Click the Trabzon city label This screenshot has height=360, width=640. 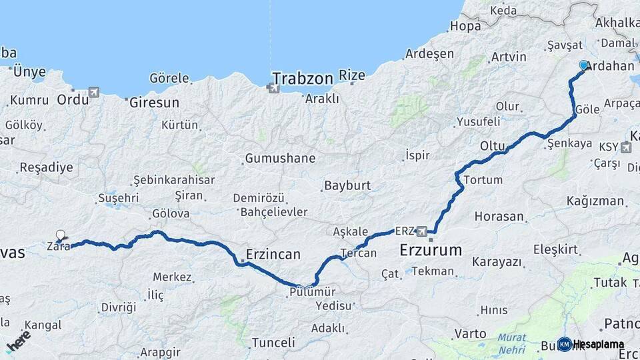click(302, 78)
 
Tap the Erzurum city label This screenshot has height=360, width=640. click(431, 251)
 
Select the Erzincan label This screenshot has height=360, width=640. click(273, 254)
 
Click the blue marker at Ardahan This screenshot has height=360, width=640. click(584, 65)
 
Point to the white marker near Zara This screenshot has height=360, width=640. click(61, 235)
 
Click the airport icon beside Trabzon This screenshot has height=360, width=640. click(272, 87)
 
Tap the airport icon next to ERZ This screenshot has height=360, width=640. click(422, 231)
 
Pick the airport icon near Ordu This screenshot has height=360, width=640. click(93, 91)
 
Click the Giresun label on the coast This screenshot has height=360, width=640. click(155, 103)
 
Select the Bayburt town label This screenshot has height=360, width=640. click(347, 185)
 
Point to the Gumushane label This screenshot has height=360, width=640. click(280, 159)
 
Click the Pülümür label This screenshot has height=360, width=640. click(312, 291)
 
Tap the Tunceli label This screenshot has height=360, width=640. click(273, 343)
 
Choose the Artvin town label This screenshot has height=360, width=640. click(509, 57)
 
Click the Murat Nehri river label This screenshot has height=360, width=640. click(511, 343)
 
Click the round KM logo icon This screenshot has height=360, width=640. click(564, 344)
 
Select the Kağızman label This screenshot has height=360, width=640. click(595, 201)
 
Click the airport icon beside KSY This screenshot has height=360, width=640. click(625, 147)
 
